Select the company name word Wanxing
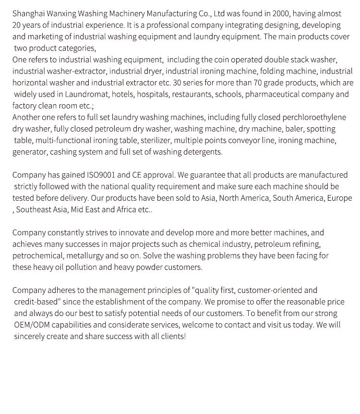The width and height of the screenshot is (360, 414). click(60, 13)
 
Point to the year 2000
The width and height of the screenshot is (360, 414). click(281, 13)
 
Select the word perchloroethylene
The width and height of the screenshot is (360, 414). click(314, 117)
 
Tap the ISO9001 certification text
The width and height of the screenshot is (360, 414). click(100, 175)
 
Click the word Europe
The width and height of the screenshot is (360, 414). click(339, 198)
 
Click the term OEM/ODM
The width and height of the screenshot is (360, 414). click(31, 325)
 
